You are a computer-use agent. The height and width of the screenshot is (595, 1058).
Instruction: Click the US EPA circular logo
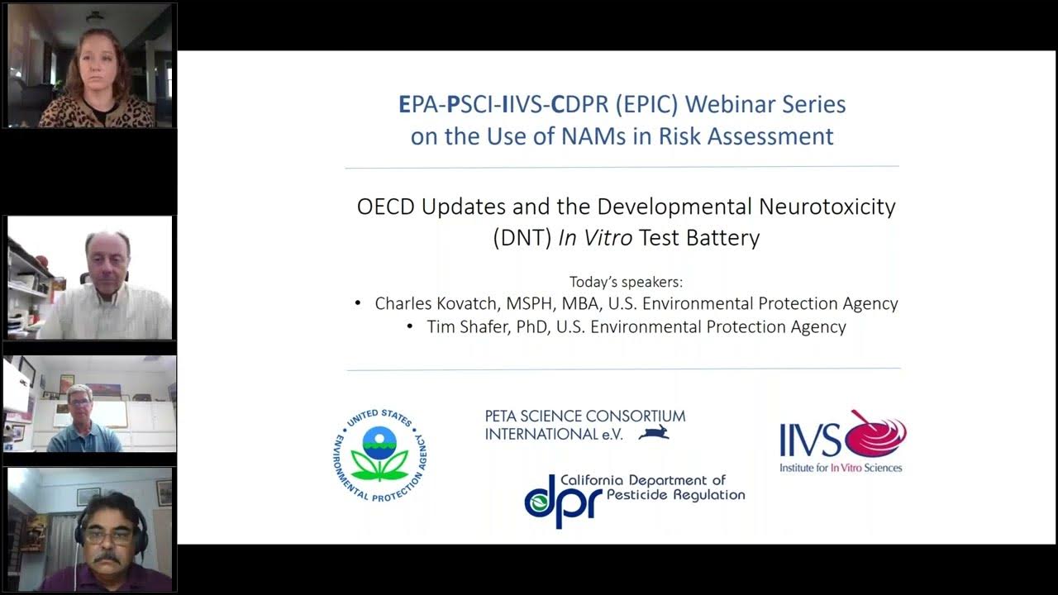pos(379,455)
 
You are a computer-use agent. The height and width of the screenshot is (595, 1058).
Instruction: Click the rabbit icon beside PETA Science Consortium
pos(654,431)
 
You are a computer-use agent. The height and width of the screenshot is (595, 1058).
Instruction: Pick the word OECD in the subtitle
pos(386,207)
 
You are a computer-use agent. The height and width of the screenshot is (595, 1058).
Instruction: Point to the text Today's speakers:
pos(626,281)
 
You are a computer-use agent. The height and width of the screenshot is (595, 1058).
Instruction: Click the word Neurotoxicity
pos(826,207)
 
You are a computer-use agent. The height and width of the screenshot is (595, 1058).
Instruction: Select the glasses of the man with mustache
pos(108,535)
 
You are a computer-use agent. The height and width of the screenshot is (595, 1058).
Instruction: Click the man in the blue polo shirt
pos(83,421)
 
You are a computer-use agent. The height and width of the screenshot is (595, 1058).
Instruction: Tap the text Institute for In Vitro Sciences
pos(840,468)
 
